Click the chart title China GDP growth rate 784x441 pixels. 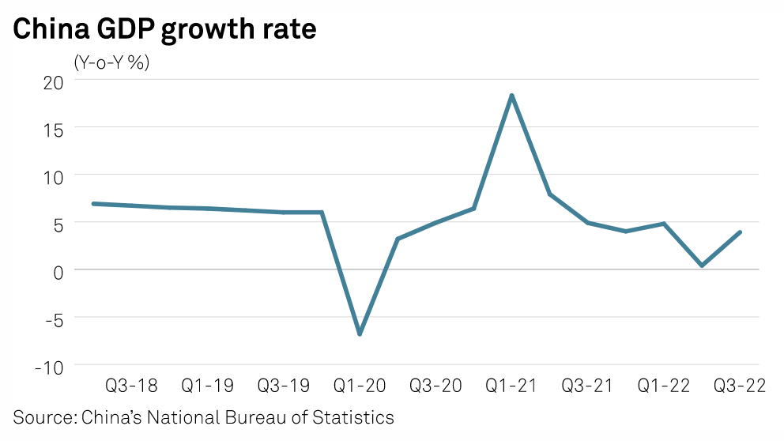[x=164, y=29]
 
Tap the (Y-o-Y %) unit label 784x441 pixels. [x=111, y=62]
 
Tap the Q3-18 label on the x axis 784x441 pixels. [x=131, y=386]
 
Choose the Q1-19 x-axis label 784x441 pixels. [x=207, y=386]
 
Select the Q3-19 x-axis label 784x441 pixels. [x=284, y=386]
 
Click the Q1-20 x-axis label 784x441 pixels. [x=360, y=386]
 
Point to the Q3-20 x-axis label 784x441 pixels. [x=435, y=386]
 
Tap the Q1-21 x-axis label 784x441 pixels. [x=511, y=386]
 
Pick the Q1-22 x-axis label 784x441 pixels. [x=663, y=386]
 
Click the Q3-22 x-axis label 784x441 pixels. [x=740, y=386]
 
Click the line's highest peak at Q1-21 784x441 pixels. [x=512, y=96]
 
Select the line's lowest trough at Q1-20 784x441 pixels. [x=360, y=334]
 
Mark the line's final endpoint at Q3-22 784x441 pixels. [x=740, y=232]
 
